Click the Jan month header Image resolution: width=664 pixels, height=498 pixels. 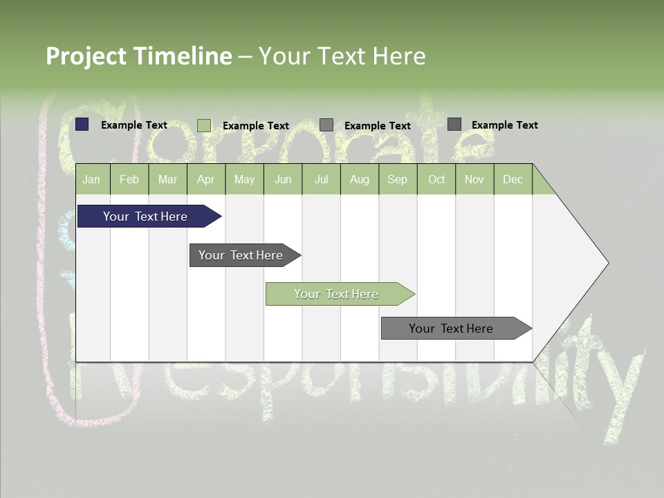pyautogui.click(x=91, y=180)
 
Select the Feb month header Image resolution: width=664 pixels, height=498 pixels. pyautogui.click(x=129, y=180)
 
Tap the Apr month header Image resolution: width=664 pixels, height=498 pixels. pyautogui.click(x=205, y=180)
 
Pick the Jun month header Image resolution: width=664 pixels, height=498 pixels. pyautogui.click(x=283, y=180)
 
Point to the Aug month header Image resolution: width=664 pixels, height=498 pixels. pyautogui.click(x=359, y=180)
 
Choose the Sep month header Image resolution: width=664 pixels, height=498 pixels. pyautogui.click(x=397, y=180)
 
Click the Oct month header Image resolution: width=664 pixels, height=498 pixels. pyautogui.click(x=436, y=180)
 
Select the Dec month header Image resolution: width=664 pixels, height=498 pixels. pyautogui.click(x=513, y=180)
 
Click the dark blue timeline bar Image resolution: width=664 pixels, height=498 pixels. pyautogui.click(x=145, y=216)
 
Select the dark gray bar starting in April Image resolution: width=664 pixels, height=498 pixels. pyautogui.click(x=241, y=255)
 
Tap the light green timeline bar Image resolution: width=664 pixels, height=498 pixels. pyautogui.click(x=336, y=294)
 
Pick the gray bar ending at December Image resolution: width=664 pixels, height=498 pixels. pyautogui.click(x=451, y=329)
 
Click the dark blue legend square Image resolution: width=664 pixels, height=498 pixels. pyautogui.click(x=82, y=124)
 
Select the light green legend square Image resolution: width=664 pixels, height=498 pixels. pyautogui.click(x=204, y=125)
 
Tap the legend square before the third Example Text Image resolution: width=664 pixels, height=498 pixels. pyautogui.click(x=326, y=125)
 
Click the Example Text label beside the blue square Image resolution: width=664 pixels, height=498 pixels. pyautogui.click(x=134, y=125)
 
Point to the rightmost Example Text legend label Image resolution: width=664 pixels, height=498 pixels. pyautogui.click(x=505, y=125)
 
